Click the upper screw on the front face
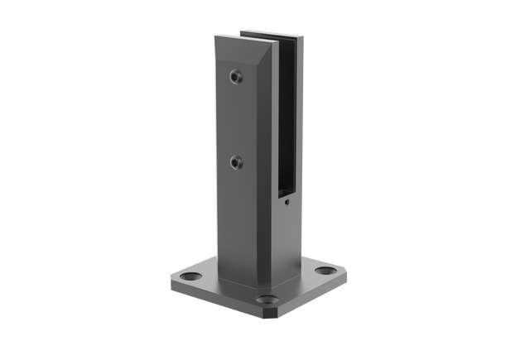coord(237,77)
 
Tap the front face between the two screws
coord(235,118)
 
